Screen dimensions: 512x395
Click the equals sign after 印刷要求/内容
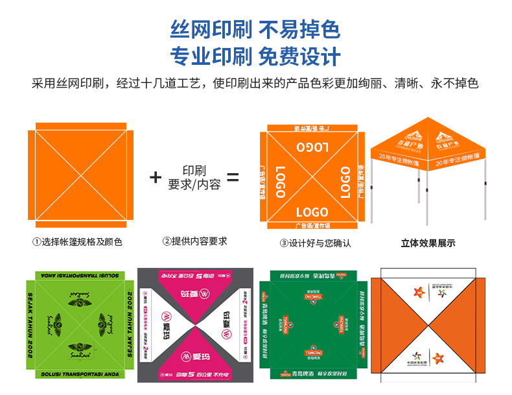(233, 177)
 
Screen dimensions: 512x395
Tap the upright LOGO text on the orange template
(312, 211)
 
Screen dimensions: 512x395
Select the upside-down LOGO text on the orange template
(312, 145)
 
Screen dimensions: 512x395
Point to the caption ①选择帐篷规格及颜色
(77, 242)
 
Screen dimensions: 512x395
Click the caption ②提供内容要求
(194, 241)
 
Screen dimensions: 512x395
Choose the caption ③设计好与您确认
(315, 243)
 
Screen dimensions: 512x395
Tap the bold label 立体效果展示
(428, 243)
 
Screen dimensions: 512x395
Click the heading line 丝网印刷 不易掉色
(255, 29)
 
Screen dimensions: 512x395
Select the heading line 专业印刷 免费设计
(255, 56)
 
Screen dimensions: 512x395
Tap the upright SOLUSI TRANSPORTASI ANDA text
(78, 375)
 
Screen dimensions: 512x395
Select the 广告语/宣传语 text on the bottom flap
(312, 226)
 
